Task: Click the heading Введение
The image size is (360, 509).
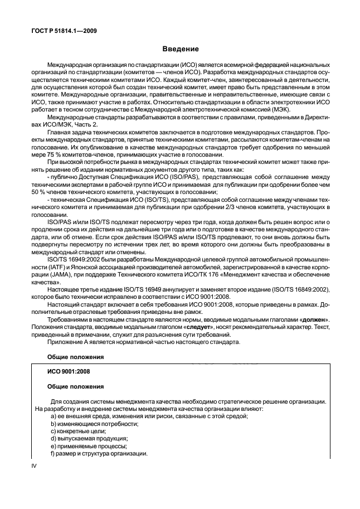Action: [179, 49]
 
